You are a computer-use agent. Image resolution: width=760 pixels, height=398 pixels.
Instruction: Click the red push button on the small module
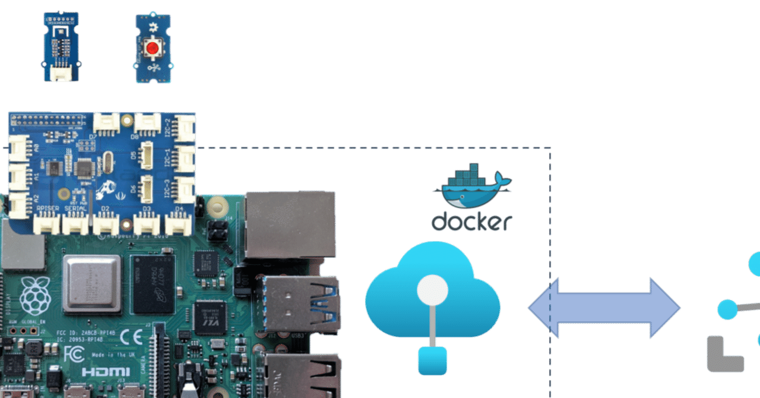(153, 47)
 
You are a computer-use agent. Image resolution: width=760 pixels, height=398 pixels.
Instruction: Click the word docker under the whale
(471, 222)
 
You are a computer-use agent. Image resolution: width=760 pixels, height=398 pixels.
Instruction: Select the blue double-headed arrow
(604, 308)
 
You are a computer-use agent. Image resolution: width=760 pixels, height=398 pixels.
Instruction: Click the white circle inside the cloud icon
(432, 290)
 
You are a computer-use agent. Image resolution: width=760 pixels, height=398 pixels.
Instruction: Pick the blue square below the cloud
(432, 361)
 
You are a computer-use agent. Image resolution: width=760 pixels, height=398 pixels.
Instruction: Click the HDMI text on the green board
(97, 372)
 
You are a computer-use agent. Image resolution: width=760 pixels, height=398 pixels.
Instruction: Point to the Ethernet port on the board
(290, 225)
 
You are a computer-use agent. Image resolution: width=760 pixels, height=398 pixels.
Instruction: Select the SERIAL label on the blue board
(75, 209)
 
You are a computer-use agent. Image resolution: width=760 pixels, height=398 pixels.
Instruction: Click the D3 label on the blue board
(146, 209)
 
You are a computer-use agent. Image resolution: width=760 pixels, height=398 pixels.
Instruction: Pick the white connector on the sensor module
(61, 73)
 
